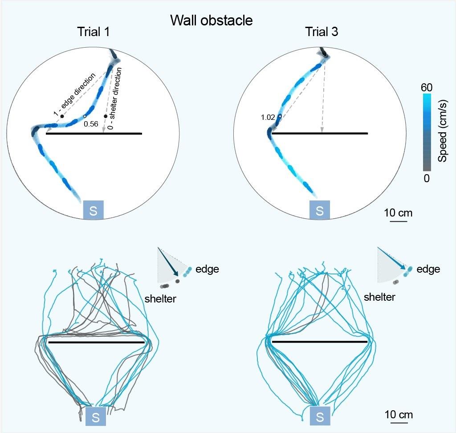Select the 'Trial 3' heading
coord(320,33)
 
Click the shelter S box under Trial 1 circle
coord(94,210)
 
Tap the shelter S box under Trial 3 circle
coord(319,210)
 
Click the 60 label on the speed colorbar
coord(426,87)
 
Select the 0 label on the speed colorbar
coord(426,177)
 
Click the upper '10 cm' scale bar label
coord(399,213)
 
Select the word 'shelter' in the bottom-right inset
coord(379,297)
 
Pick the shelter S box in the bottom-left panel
coord(95,417)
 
